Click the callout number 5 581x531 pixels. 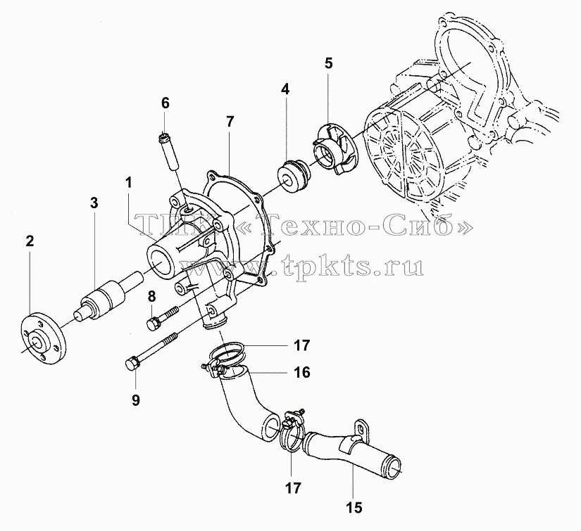tap(328, 63)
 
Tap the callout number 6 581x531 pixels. tap(165, 103)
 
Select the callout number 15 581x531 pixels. tap(355, 507)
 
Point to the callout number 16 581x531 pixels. tap(302, 372)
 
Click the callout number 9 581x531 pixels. tap(136, 400)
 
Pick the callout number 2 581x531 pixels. tap(30, 241)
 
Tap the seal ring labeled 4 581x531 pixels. tap(292, 176)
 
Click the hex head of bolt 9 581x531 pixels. tap(131, 364)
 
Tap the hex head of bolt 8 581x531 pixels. tap(153, 323)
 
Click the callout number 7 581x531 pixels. tap(230, 122)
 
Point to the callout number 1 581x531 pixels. tap(129, 182)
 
